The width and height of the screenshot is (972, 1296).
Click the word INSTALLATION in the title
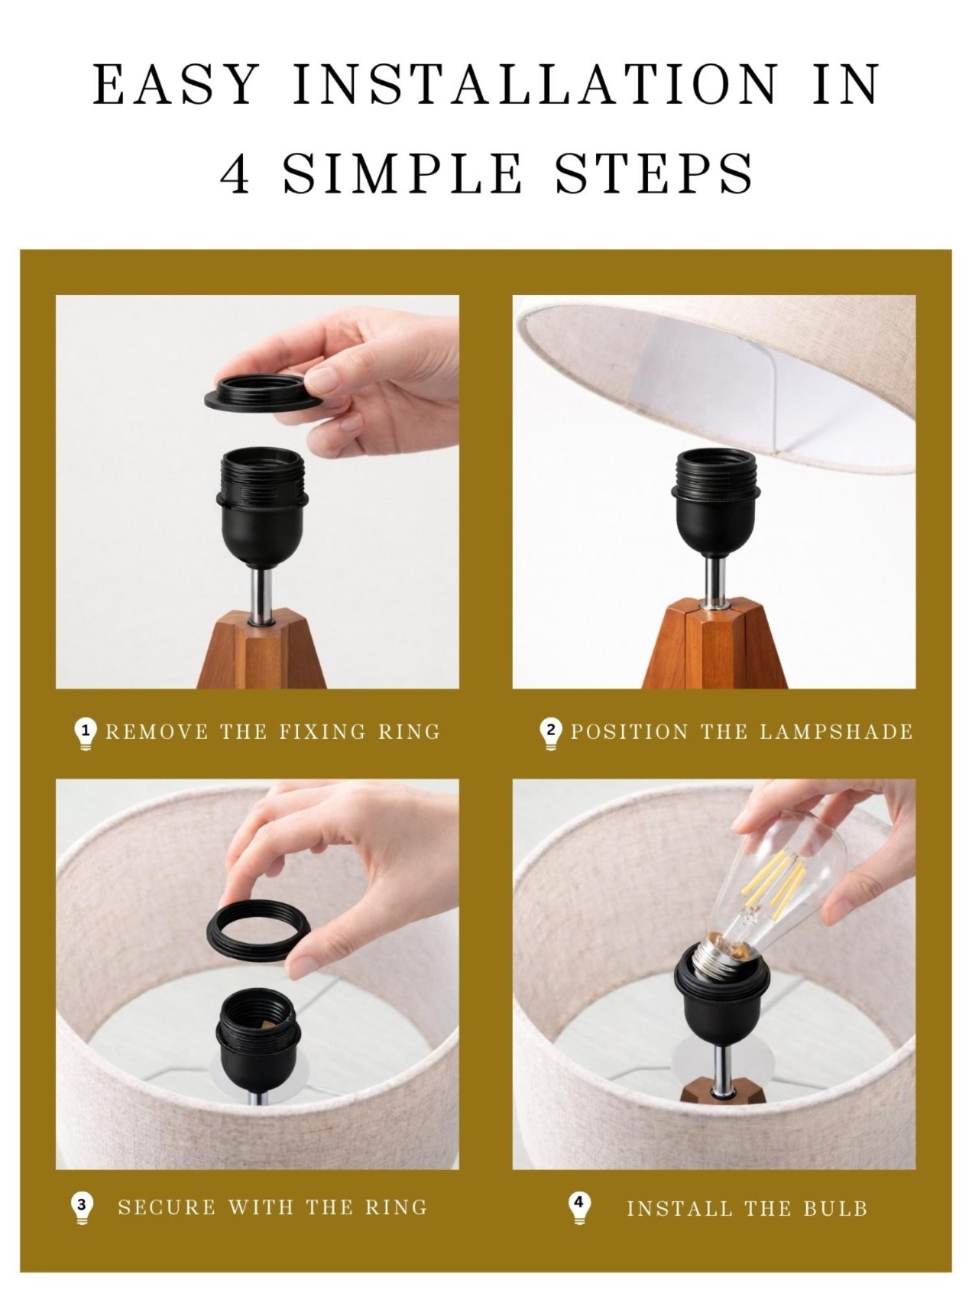click(535, 84)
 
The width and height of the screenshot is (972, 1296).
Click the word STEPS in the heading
click(654, 174)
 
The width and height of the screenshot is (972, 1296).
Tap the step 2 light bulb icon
click(550, 733)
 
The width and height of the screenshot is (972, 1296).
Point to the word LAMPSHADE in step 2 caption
click(836, 732)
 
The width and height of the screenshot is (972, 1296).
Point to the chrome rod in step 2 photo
click(714, 580)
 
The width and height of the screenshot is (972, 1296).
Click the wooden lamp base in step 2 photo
click(714, 648)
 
